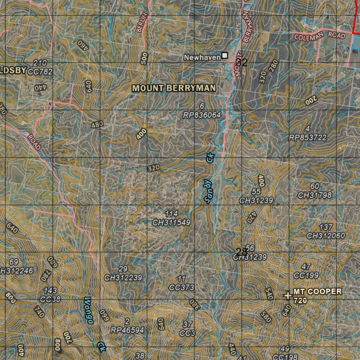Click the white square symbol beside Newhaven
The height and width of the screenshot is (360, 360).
pyautogui.click(x=225, y=56)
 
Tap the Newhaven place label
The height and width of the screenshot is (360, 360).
pyautogui.click(x=202, y=57)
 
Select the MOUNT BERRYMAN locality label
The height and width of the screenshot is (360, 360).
pyautogui.click(x=174, y=88)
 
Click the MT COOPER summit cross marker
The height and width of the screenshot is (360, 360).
pyautogui.click(x=288, y=296)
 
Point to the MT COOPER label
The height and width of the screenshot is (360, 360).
pyautogui.click(x=317, y=291)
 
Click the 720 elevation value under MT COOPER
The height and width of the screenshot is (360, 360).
pyautogui.click(x=300, y=301)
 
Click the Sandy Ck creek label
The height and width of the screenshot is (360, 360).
pyautogui.click(x=209, y=180)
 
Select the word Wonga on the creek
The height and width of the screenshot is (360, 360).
pyautogui.click(x=88, y=310)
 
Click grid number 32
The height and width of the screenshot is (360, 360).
pyautogui.click(x=242, y=63)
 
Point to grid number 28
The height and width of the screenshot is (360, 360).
pyautogui.click(x=242, y=252)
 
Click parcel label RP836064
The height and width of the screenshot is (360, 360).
pyautogui.click(x=202, y=115)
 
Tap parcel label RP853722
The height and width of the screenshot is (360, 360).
pyautogui.click(x=308, y=137)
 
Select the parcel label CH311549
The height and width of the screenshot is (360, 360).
pyautogui.click(x=171, y=222)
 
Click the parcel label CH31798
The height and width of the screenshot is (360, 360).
pyautogui.click(x=315, y=195)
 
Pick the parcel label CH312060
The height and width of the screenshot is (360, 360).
pyautogui.click(x=326, y=235)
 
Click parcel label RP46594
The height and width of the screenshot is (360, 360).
pyautogui.click(x=127, y=330)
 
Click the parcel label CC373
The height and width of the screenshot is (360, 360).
pyautogui.click(x=181, y=287)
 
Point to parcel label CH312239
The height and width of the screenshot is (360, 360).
pyautogui.click(x=123, y=277)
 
